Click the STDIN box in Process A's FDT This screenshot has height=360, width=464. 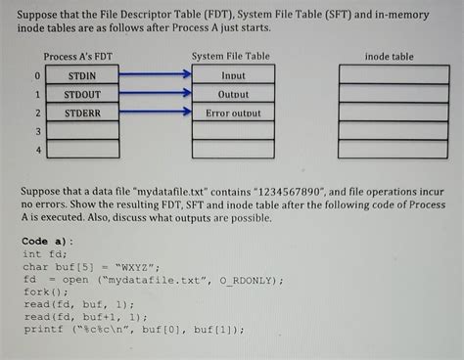click(x=83, y=75)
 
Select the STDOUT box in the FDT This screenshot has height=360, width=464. click(x=83, y=95)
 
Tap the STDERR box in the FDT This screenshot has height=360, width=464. click(x=83, y=113)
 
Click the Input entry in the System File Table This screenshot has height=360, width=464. click(x=233, y=75)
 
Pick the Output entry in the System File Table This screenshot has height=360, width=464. click(x=233, y=95)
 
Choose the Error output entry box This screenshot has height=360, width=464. click(x=233, y=113)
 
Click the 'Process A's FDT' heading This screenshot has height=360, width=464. click(x=82, y=57)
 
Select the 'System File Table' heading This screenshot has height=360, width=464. click(x=231, y=57)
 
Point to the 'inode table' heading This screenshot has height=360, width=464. click(x=389, y=57)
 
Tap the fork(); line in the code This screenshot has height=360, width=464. click(x=46, y=292)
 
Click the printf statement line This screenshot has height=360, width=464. click(x=132, y=330)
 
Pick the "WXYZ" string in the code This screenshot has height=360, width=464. click(x=137, y=266)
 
